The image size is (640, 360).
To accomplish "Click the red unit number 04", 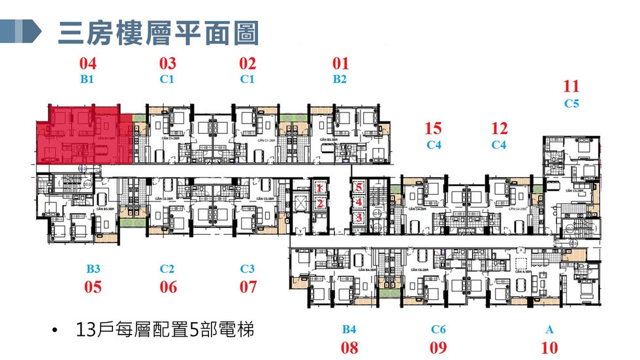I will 88,64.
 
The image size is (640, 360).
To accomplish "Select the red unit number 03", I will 168,64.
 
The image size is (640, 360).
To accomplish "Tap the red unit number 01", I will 340,64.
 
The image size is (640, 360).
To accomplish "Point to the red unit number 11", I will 571,86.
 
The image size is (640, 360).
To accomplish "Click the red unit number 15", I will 433,129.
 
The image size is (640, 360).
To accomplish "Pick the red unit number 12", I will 500,129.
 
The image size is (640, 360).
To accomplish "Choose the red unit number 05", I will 93,287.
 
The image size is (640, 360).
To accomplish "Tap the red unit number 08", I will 349,348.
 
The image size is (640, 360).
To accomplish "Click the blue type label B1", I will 88,80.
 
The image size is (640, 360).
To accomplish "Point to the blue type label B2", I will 340,80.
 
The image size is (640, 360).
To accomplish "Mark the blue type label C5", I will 571,103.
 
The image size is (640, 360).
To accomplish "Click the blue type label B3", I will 93,269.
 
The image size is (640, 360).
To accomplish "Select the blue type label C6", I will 439,330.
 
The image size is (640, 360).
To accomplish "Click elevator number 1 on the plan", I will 320,188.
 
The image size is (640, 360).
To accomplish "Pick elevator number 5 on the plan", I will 359,186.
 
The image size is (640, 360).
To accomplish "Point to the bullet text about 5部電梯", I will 164,329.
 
